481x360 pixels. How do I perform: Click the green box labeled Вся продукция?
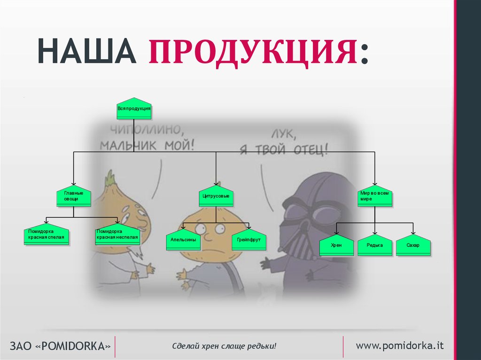coord(134,109)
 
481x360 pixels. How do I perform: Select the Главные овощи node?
coord(74,196)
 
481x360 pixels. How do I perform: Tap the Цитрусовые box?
coord(216,196)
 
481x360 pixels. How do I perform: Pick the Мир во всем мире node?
coord(375,196)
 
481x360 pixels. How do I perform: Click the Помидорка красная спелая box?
coord(47,235)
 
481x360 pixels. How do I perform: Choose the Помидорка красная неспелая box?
coord(117,235)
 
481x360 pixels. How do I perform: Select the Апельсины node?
coord(183,240)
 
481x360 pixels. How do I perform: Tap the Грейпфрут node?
coord(249,240)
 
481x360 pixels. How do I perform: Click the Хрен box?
coord(336,245)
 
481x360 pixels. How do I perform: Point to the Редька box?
coord(375,245)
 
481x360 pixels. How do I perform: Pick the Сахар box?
coord(413,245)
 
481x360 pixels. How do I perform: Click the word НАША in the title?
coord(87,51)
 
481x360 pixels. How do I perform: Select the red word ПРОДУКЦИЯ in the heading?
coord(253,52)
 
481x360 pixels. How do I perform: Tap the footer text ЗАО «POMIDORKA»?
coord(60,346)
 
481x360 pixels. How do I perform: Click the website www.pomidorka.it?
coord(400,345)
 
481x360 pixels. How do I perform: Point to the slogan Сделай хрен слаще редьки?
coord(224,346)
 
